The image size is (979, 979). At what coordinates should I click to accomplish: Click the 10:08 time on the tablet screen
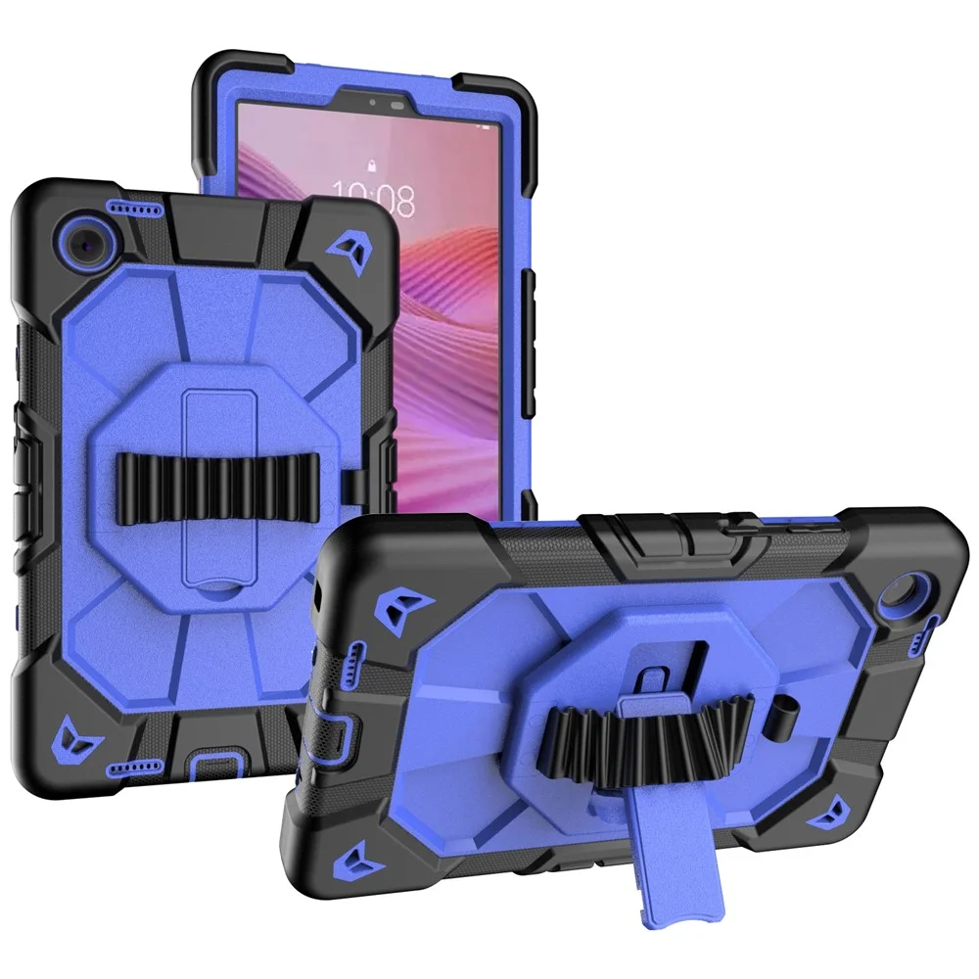click(x=373, y=199)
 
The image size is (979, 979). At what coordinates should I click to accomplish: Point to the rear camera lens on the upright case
click(x=88, y=241)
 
